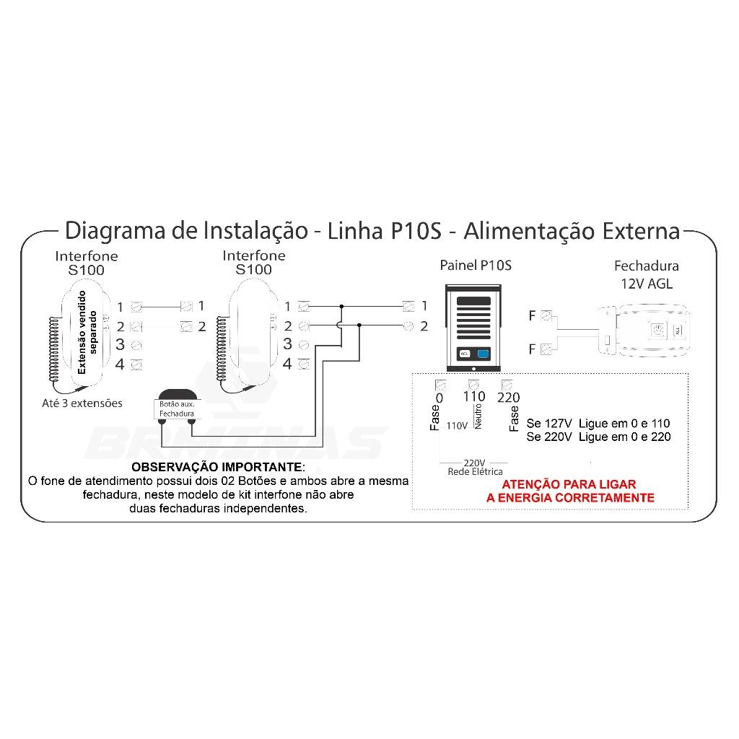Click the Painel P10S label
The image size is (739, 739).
[475, 266]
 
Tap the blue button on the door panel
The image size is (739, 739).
[483, 354]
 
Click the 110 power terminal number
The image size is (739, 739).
[473, 397]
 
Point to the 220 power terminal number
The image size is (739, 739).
[509, 398]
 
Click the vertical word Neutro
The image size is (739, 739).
[478, 416]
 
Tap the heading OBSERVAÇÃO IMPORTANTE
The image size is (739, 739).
[218, 467]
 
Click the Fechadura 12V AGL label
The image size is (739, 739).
[646, 275]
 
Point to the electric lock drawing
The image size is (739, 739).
[644, 329]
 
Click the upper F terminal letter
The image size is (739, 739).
[532, 316]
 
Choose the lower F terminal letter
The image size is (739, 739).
[532, 349]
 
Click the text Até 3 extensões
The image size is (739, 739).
[82, 403]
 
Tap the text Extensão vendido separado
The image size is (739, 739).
[87, 332]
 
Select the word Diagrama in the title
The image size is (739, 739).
[115, 231]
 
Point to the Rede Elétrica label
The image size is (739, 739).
[475, 472]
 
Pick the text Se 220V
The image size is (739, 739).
[549, 437]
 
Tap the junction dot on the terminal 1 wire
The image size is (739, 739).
[341, 306]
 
